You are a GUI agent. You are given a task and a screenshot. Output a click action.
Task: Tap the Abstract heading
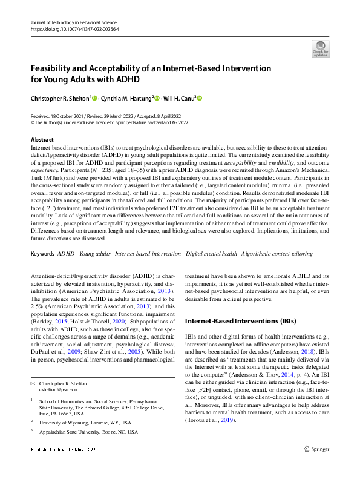(42, 139)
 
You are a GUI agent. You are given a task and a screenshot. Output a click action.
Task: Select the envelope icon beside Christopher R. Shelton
(33, 384)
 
